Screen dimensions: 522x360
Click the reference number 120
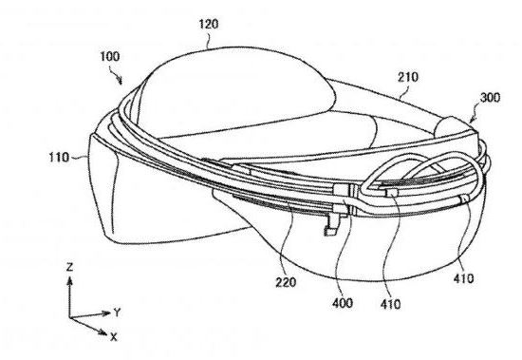click(209, 24)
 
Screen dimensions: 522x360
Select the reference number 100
click(110, 56)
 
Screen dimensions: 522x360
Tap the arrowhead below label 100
click(121, 81)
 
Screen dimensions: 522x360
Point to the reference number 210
click(408, 77)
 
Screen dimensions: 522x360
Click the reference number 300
click(490, 97)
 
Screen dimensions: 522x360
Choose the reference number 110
click(59, 157)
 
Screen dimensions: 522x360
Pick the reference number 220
click(286, 282)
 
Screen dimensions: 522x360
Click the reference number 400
click(343, 303)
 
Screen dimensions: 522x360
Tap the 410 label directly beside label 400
click(390, 304)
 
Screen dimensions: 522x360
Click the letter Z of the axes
click(69, 267)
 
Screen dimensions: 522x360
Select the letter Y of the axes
click(117, 313)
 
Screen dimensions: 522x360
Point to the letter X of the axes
click(114, 337)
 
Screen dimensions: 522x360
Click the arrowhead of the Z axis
click(69, 282)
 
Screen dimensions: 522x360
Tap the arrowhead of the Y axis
click(106, 313)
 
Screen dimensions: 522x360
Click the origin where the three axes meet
click(70, 318)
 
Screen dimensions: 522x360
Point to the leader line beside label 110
click(79, 158)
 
